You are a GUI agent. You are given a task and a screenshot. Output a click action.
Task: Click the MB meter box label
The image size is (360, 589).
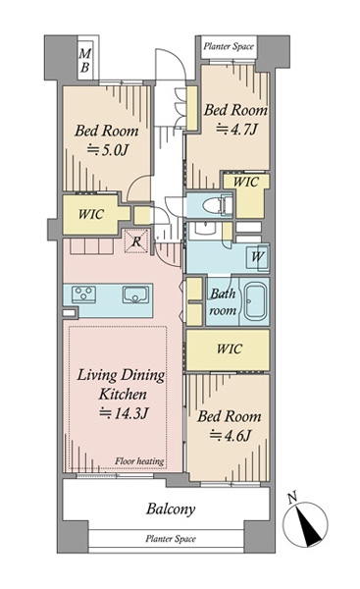click(84, 61)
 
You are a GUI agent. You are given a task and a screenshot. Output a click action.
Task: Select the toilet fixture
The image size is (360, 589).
click(217, 205)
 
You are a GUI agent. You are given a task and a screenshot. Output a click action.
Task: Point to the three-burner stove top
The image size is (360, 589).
click(83, 294)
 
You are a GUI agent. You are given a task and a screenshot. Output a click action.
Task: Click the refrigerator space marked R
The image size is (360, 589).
click(136, 241)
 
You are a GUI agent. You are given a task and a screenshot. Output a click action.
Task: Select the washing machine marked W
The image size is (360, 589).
click(257, 257)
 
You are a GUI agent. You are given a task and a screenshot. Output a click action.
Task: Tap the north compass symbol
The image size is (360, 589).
click(305, 525)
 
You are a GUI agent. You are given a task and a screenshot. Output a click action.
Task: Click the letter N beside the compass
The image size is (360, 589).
click(292, 498)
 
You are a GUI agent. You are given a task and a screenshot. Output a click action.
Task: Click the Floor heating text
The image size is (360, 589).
click(139, 461)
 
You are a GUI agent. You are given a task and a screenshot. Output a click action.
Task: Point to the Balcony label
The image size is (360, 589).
click(171, 509)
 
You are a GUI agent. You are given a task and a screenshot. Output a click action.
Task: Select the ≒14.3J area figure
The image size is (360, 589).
click(124, 413)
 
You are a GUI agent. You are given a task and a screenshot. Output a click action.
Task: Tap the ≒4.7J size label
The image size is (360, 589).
click(236, 130)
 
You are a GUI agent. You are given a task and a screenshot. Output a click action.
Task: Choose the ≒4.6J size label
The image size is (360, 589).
click(231, 436)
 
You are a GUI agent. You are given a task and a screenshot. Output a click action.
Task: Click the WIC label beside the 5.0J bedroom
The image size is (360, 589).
click(91, 214)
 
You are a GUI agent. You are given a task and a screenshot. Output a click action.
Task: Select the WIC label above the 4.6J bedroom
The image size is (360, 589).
click(229, 348)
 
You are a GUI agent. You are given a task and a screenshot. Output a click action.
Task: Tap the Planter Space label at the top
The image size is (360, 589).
click(229, 46)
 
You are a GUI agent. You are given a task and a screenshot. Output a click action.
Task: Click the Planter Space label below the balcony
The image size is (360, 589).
click(171, 539)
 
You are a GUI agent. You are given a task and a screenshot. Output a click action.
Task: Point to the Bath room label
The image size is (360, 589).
click(223, 301)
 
